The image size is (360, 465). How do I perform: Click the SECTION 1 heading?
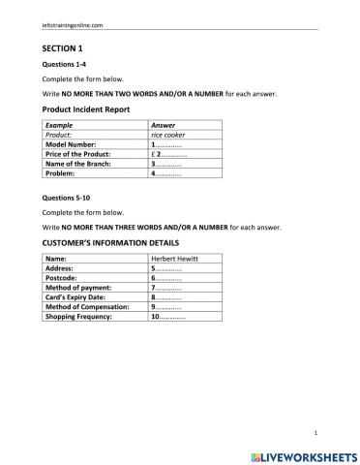pyautogui.click(x=63, y=46)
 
